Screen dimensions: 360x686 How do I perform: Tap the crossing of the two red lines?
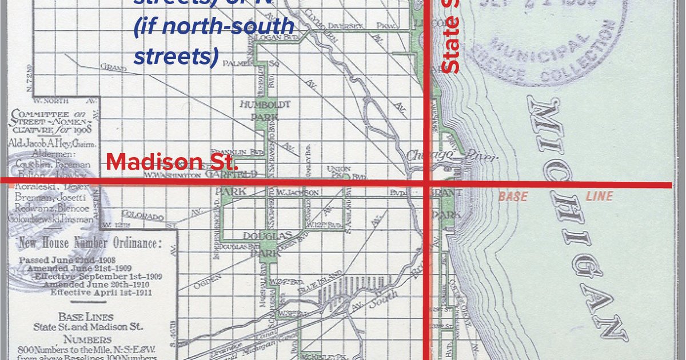click(x=426, y=183)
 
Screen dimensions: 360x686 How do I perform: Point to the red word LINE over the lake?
click(x=599, y=197)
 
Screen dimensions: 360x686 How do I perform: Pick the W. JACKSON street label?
click(x=298, y=193)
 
